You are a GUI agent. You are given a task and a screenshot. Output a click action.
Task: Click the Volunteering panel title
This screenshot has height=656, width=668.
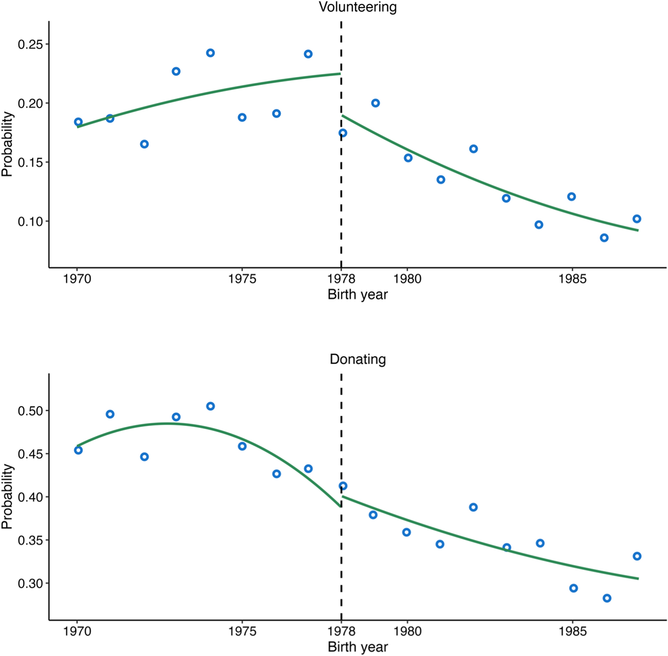pos(357,7)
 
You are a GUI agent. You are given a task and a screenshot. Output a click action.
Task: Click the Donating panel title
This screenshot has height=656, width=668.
pos(357,359)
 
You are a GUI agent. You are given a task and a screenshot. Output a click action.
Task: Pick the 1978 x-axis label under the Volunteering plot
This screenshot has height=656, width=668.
pos(341,279)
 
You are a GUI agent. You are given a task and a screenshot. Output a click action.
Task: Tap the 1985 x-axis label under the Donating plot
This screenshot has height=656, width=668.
pos(573,631)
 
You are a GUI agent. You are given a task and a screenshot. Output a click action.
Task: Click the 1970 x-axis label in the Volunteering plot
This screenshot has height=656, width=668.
pos(77,279)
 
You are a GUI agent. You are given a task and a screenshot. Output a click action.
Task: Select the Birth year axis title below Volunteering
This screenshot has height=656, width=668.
pos(357,295)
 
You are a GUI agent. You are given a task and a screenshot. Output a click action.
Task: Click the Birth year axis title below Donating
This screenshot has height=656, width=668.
pos(357,647)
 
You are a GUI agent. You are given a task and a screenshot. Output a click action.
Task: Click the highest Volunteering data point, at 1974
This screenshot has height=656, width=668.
pos(211,53)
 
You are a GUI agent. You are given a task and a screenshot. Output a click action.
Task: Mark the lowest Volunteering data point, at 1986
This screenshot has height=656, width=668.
pos(604,238)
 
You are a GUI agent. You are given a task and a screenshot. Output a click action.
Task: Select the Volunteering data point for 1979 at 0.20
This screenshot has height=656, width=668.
pos(375,103)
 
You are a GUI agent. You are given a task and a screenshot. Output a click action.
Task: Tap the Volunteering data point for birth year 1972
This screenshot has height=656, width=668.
pos(144,144)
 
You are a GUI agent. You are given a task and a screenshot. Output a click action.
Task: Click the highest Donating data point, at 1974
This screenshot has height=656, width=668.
pos(211,406)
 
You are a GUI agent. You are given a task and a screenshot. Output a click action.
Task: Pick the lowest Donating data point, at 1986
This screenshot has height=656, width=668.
pos(607,598)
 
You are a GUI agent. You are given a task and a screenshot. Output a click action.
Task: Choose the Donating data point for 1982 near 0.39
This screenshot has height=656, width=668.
pos(473,507)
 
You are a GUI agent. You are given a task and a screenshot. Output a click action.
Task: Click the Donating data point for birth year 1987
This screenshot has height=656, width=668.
pos(637,556)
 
